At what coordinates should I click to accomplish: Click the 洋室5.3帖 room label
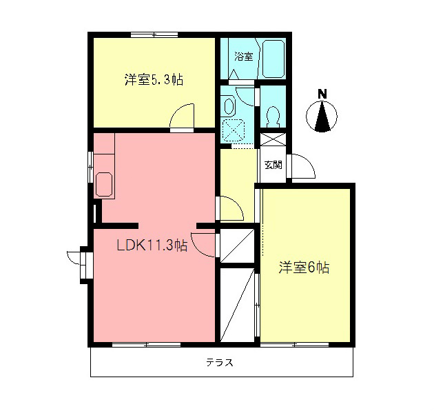pos(153,79)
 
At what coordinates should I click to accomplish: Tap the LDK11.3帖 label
pos(151,245)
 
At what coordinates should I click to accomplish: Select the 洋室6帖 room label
pos(304,268)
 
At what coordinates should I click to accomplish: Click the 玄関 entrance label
pos(273,165)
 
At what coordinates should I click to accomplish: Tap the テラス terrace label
pos(220,363)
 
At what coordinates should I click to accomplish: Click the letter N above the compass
pos(322,94)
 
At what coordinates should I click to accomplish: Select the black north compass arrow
pos(322,116)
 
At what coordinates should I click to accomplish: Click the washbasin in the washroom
pos(229,106)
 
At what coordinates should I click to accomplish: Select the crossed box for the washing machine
pos(236,129)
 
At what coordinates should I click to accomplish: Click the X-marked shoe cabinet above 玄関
pos(272,138)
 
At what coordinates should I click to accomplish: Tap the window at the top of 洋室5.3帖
pos(154,34)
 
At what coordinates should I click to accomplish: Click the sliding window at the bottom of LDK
pos(146,343)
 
